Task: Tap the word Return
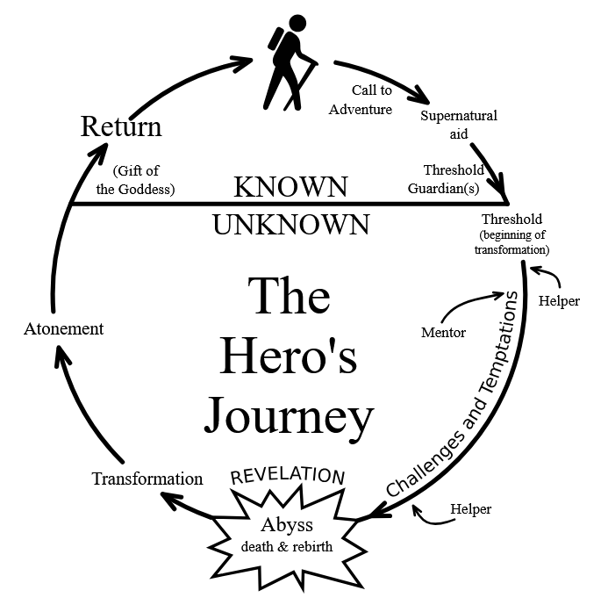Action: [121, 126]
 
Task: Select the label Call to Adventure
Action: [360, 101]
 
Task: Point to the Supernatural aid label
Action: [458, 124]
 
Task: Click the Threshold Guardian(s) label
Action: [453, 177]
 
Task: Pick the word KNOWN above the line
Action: [290, 186]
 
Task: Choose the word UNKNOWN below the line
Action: [290, 225]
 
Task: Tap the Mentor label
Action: [444, 333]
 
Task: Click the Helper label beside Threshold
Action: [558, 301]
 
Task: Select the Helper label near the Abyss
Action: [470, 508]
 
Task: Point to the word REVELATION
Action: [287, 476]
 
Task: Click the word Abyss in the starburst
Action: [285, 525]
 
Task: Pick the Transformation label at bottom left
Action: [147, 479]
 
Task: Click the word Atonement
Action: [62, 329]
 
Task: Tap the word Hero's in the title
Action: [289, 356]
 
